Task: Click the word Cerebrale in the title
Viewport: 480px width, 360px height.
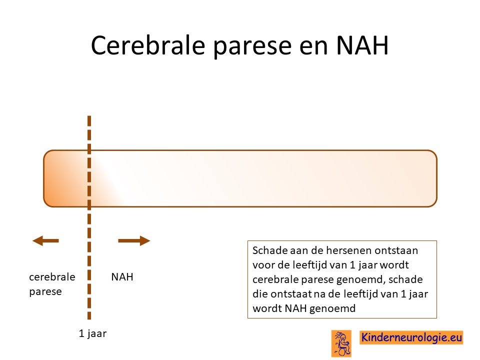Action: click(x=148, y=45)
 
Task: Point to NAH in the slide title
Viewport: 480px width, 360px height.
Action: click(x=362, y=45)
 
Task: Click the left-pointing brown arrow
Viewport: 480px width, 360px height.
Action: click(x=45, y=240)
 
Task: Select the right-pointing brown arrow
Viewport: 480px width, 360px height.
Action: click(x=134, y=240)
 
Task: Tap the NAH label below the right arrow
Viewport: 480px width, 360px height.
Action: click(x=122, y=276)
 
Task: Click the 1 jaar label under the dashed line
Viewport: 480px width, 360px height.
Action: click(x=93, y=333)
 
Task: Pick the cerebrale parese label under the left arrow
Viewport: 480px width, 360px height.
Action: click(x=52, y=284)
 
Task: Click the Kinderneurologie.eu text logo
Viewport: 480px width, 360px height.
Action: click(x=411, y=337)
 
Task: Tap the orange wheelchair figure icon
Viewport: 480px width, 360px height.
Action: click(x=341, y=343)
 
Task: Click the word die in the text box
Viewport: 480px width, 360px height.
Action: click(x=260, y=294)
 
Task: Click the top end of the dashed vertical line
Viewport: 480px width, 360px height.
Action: click(x=89, y=116)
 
